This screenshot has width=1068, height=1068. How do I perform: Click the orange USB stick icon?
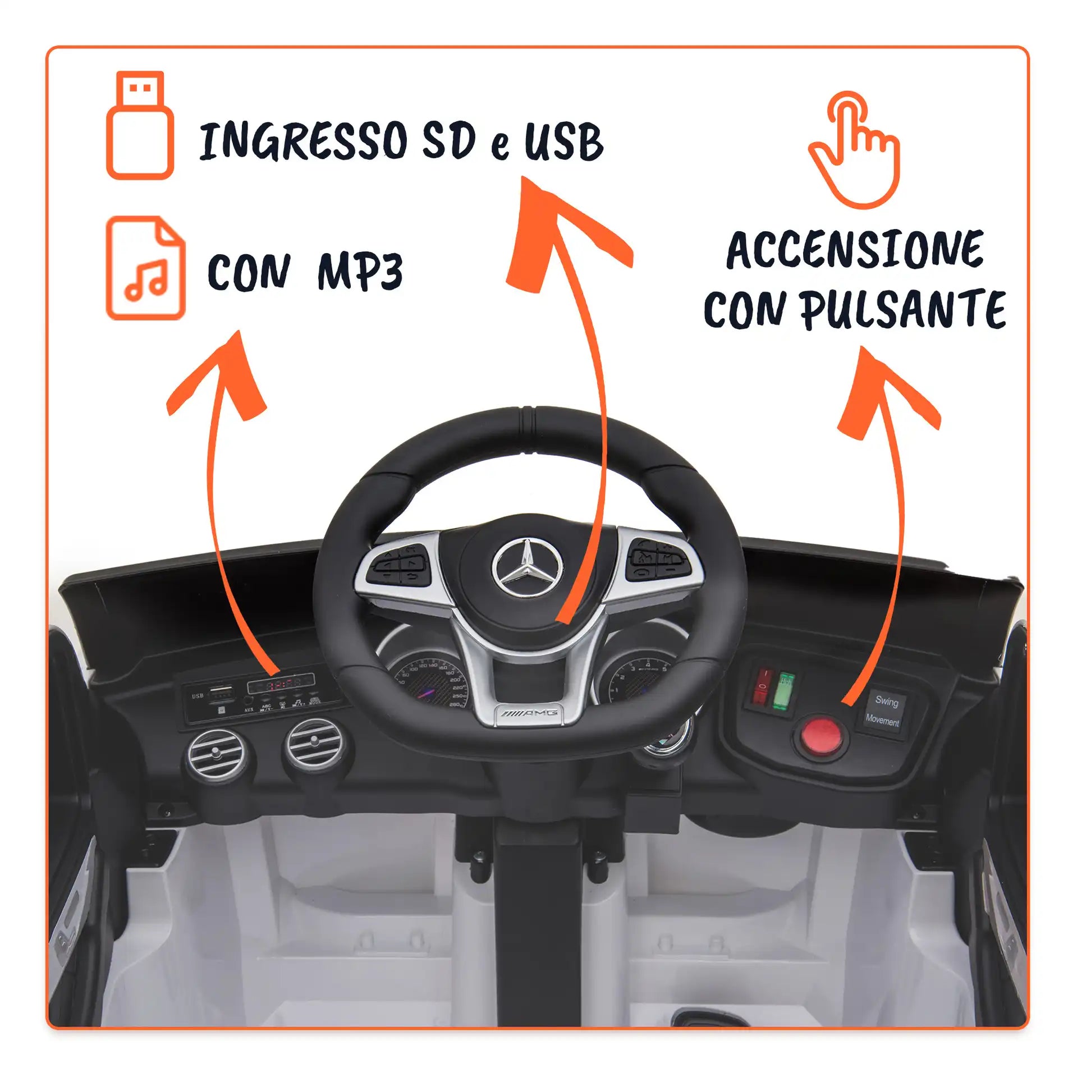tap(140, 125)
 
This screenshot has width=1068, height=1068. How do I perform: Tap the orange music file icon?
tap(145, 268)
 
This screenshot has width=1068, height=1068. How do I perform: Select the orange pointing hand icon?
tap(854, 150)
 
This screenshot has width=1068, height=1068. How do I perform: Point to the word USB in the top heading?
tap(563, 142)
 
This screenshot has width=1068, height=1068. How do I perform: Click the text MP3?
tap(360, 272)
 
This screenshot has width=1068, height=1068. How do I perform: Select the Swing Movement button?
tap(883, 711)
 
